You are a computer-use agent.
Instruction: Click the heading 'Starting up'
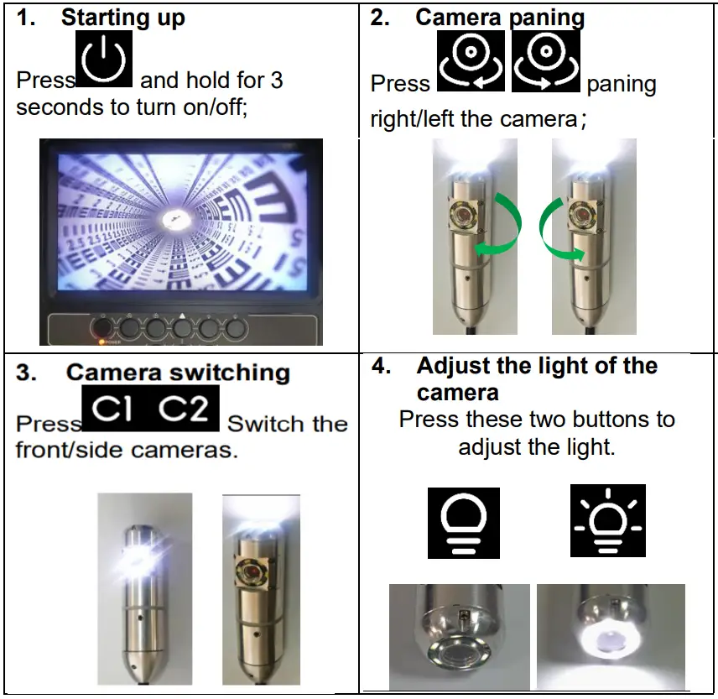click(123, 18)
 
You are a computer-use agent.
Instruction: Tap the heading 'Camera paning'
click(500, 18)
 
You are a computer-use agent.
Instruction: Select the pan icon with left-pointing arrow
click(471, 61)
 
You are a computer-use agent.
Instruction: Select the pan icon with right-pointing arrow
click(546, 61)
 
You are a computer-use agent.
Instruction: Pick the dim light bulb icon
click(463, 523)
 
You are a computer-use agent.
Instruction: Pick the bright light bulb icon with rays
click(607, 521)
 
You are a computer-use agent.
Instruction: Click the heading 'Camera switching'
click(178, 373)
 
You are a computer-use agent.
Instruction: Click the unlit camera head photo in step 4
click(459, 637)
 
